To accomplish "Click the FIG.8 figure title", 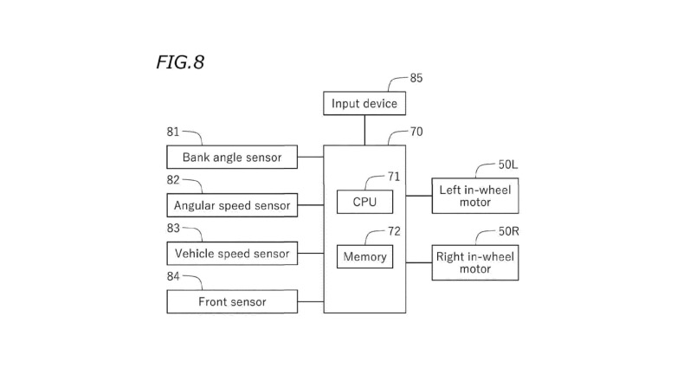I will [180, 62].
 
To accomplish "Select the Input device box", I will [364, 104].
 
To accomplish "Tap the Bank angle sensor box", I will [232, 158].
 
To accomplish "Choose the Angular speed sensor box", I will [232, 205].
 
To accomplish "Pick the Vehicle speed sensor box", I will [232, 254].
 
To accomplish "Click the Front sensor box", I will [232, 302].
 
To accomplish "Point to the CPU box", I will [364, 202].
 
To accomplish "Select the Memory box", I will [364, 256].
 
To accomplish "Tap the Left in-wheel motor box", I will [475, 196].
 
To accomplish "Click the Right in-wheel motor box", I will [475, 262].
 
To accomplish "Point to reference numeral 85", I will [416, 78].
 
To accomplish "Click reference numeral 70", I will [416, 132].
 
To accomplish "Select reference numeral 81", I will [173, 132].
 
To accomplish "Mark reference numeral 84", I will [173, 276].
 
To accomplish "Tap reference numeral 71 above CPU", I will [394, 176].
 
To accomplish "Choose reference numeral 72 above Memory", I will [394, 231].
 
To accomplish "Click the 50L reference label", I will [507, 164].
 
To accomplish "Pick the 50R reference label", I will [507, 231].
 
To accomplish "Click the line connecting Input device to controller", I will [364, 130].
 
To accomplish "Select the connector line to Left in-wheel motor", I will [419, 196].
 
